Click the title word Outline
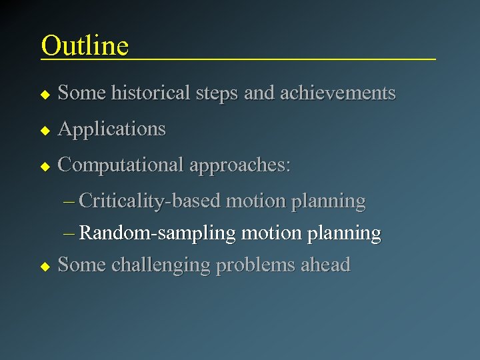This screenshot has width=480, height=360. point(85,45)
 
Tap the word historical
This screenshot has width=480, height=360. point(152,93)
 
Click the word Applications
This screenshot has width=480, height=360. point(111,129)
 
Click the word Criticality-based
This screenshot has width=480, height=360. point(151,201)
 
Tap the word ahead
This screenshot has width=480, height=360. point(325,265)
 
